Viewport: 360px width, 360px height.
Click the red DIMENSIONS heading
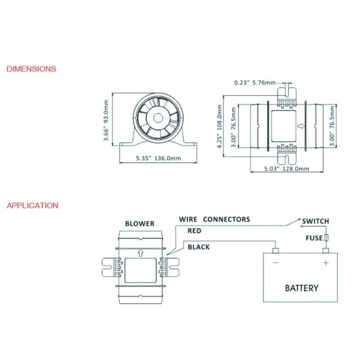coord(31,69)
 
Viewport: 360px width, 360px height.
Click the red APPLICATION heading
coord(32,206)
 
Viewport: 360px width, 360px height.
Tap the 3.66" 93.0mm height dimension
coord(106,120)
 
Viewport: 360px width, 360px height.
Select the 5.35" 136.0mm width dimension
coord(158,158)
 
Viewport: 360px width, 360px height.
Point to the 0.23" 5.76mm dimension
coord(255,83)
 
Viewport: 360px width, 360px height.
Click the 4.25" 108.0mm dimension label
coord(220,126)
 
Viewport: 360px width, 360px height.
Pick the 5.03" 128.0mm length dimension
coord(287,169)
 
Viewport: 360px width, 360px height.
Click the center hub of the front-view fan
coord(158,118)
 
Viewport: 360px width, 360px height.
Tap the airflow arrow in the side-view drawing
coord(301,126)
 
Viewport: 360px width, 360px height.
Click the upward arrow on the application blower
coord(140,253)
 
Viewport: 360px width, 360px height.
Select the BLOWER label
coord(140,224)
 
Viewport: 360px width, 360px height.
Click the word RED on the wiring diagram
coord(194,231)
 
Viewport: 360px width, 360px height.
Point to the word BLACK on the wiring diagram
coord(199,247)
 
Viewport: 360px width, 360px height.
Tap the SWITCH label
coord(316,221)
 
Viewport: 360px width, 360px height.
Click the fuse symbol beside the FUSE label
coord(326,238)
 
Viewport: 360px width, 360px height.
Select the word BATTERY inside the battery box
coord(301,288)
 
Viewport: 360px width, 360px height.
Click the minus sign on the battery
coord(275,263)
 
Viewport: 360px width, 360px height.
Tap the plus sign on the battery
coord(326,263)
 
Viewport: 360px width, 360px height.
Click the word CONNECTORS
coord(227,219)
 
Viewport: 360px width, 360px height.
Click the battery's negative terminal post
coord(275,251)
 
